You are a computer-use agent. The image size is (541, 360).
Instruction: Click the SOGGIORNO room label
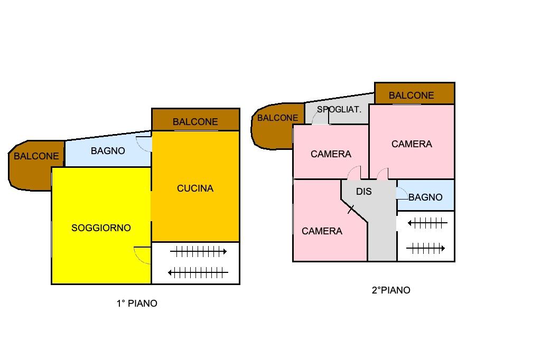coord(101,228)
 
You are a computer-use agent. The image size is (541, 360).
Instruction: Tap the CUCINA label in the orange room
coord(195,188)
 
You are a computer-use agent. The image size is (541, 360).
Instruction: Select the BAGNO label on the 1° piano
coord(108,150)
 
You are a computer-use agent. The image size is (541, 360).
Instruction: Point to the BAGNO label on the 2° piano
coord(425,197)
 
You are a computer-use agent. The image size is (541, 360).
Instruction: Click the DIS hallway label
coord(364,192)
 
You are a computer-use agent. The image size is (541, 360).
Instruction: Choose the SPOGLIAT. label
coord(339,109)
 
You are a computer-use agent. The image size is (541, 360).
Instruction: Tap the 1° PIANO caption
coord(137,304)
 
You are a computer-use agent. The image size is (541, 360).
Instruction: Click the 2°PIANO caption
coord(391,290)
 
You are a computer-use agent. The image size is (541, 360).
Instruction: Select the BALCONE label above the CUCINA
coord(195,122)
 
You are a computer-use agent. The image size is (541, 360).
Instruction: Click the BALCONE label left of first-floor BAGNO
coord(36,156)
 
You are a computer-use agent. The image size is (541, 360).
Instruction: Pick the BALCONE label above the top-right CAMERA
coord(411,96)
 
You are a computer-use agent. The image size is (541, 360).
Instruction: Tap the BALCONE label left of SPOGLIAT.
coord(278,118)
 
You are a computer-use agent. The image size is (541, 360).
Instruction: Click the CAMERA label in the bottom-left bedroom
coord(322,231)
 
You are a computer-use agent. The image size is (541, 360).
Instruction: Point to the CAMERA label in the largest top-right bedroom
coord(412,144)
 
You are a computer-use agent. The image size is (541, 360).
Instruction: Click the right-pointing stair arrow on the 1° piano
coord(199,252)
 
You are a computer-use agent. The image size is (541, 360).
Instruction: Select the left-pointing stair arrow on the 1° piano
coord(198,273)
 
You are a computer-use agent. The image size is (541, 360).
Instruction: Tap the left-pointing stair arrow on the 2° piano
coord(428,223)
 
